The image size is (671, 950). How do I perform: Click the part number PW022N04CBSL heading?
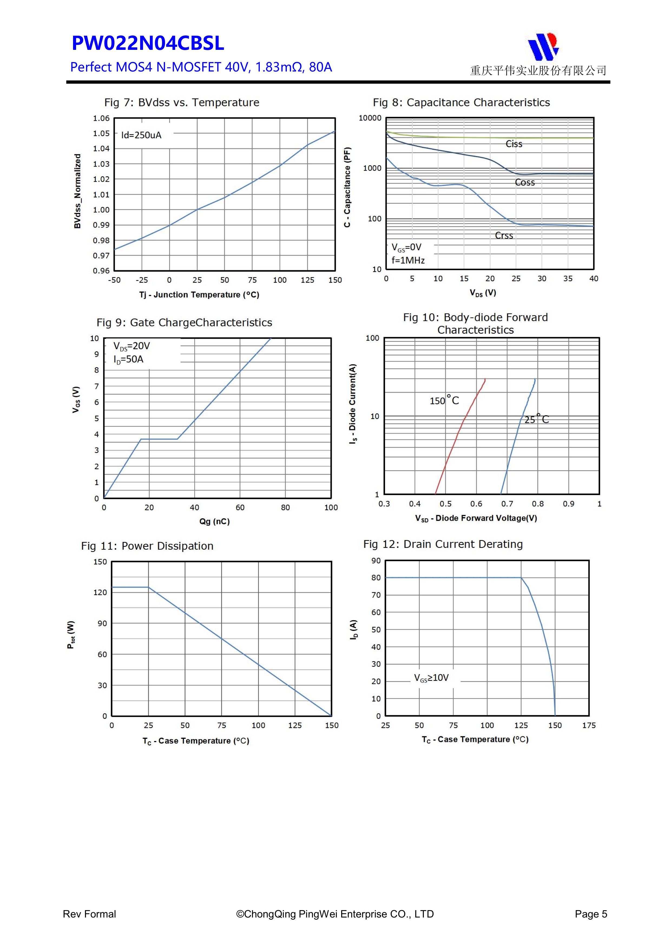(148, 43)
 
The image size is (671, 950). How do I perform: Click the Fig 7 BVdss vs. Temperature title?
(182, 103)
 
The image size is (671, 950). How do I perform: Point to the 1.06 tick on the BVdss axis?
(101, 118)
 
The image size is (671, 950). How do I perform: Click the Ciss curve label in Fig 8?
(514, 144)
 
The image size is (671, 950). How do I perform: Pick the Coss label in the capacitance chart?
(524, 183)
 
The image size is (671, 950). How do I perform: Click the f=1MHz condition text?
(408, 260)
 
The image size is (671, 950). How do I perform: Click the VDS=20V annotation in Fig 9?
(131, 346)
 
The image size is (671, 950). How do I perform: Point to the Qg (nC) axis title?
(214, 521)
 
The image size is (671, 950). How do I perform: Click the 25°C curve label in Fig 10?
(536, 419)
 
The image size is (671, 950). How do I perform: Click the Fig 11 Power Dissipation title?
(147, 546)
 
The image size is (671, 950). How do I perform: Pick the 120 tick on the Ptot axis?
(100, 593)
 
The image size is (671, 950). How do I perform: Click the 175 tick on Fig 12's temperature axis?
(589, 725)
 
